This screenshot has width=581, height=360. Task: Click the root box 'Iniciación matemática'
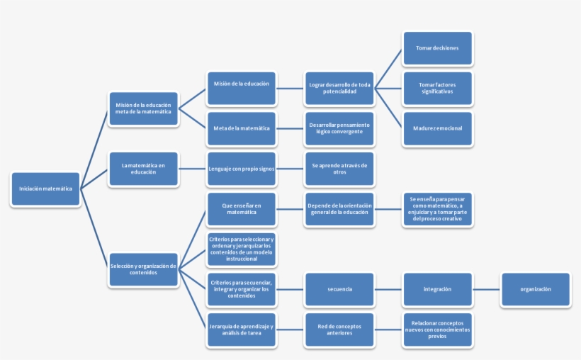point(45,189)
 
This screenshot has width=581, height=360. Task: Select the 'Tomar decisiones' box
point(437,48)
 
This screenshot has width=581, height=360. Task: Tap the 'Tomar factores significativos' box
point(437,89)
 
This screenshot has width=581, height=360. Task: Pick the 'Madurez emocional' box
point(437,128)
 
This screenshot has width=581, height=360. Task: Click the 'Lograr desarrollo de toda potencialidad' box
point(339,89)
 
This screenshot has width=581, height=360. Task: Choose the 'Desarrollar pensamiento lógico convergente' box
point(339,128)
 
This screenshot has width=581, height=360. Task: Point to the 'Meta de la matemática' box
point(242,128)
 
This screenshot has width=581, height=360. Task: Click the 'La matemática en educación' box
point(143,169)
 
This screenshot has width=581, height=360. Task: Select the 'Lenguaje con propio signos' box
point(242,169)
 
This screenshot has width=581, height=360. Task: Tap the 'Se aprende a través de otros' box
point(339,169)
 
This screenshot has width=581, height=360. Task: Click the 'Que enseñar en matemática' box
point(242,209)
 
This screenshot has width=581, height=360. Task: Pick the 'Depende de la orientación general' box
point(339,209)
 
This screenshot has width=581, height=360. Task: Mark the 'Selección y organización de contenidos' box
point(143,269)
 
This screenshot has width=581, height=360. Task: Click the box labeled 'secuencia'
point(339,289)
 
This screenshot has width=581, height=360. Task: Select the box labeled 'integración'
point(437,289)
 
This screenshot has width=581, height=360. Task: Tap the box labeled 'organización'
point(535,289)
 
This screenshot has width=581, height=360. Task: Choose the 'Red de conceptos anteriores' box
point(339,330)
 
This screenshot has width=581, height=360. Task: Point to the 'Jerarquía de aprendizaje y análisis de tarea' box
point(242,330)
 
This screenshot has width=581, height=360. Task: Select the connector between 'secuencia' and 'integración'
point(388,289)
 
